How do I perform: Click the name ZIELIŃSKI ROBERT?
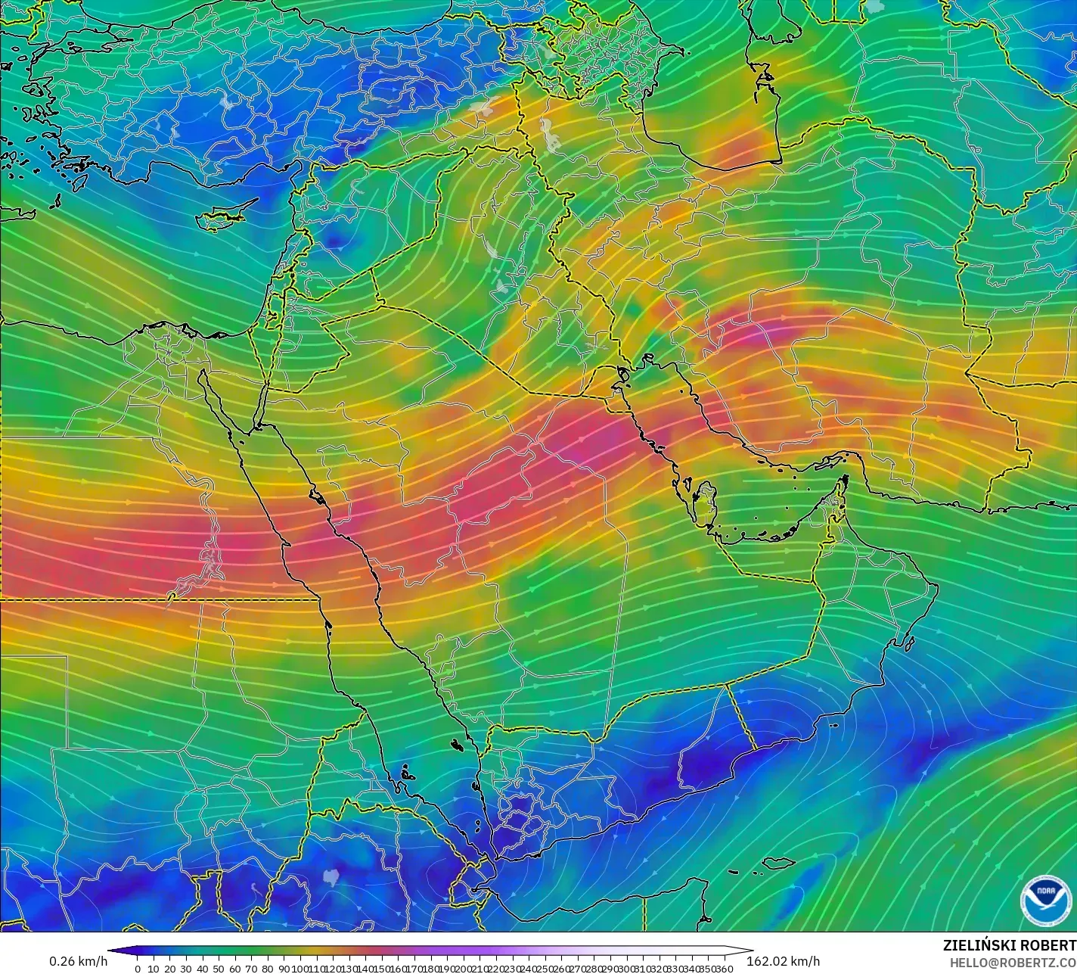(x=1009, y=945)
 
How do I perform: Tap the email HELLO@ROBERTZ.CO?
(x=1013, y=962)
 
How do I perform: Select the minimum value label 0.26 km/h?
(x=78, y=961)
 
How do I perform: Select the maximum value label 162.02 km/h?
(x=784, y=961)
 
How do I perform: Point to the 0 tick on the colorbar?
(x=137, y=968)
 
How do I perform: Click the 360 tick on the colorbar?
(x=725, y=968)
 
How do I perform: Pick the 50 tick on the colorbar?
(x=219, y=968)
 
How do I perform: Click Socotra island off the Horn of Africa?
(x=778, y=863)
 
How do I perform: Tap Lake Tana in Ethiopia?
(x=331, y=876)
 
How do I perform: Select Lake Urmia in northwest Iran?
(x=551, y=140)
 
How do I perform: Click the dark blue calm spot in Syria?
(x=336, y=241)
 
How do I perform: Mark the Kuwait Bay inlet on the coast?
(x=622, y=372)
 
